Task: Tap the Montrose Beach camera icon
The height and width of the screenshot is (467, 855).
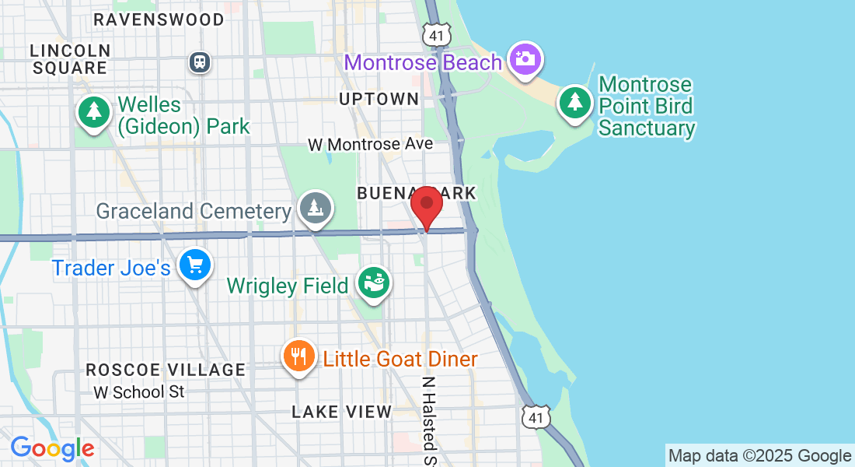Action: click(525, 58)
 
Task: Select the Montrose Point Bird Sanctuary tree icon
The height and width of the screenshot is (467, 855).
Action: click(575, 101)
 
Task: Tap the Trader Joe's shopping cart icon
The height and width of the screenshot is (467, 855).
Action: click(194, 266)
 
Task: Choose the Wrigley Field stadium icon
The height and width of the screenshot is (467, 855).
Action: click(374, 283)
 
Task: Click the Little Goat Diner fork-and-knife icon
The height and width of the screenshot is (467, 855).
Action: click(298, 356)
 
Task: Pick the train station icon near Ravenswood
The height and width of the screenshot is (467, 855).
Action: click(201, 61)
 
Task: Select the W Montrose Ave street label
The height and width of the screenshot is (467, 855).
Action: click(370, 145)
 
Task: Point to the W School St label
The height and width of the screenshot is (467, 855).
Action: click(139, 392)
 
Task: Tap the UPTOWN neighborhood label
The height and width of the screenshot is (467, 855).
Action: click(379, 99)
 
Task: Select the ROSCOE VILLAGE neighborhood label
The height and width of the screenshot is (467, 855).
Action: click(166, 370)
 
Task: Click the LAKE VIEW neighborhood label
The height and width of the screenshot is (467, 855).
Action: click(342, 412)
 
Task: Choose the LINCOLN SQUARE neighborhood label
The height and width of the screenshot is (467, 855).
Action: click(69, 59)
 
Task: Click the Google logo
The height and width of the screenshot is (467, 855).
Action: click(52, 448)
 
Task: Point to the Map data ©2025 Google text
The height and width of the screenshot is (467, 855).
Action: click(760, 456)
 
